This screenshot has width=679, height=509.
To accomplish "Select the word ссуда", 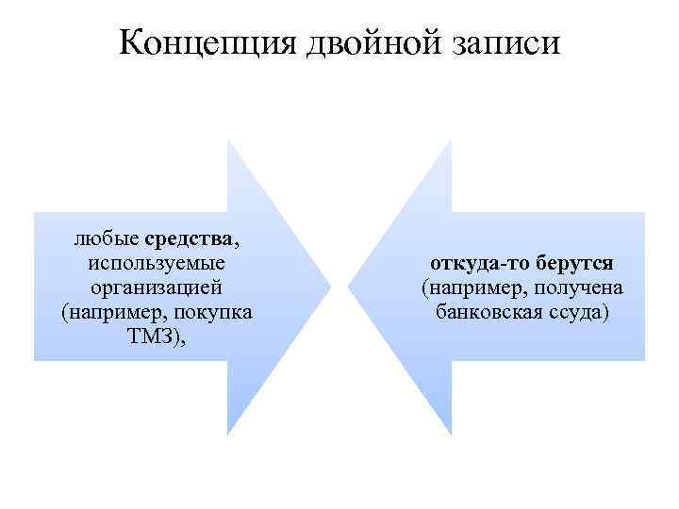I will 579,311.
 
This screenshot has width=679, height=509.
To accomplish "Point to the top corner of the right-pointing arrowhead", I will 228,140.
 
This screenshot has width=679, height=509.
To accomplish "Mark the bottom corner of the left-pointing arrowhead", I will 451,435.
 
